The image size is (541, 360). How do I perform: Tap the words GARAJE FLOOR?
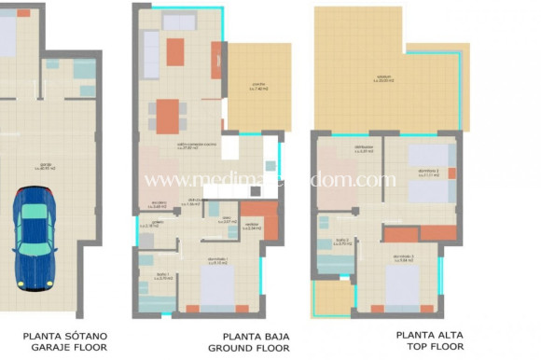tap(65, 347)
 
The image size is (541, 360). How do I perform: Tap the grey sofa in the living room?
tap(150, 54)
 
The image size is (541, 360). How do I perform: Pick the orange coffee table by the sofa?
tap(175, 51)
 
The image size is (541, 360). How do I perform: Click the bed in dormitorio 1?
tap(218, 286)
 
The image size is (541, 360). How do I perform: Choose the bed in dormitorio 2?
tap(427, 173)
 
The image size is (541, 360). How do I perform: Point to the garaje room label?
tap(41, 168)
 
